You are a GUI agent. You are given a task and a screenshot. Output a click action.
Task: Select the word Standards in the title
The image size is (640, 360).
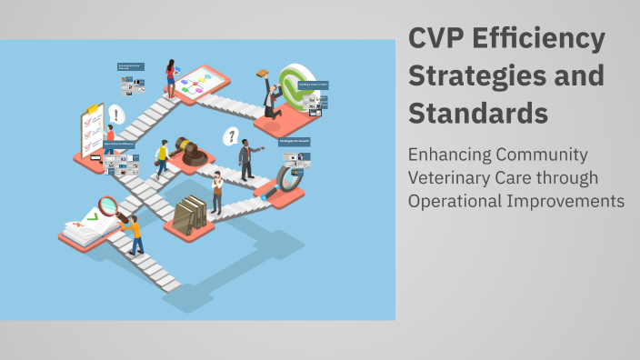click(478, 115)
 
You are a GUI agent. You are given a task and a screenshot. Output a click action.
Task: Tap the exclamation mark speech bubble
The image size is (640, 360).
click(116, 115)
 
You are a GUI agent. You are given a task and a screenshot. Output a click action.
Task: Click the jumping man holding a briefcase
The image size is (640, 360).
click(270, 95)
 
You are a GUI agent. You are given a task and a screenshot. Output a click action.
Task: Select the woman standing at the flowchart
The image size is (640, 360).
click(170, 78)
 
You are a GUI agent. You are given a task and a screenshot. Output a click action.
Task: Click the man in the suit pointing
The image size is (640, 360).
click(246, 159)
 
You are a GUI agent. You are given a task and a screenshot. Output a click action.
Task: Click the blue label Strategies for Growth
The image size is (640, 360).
click(295, 142)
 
